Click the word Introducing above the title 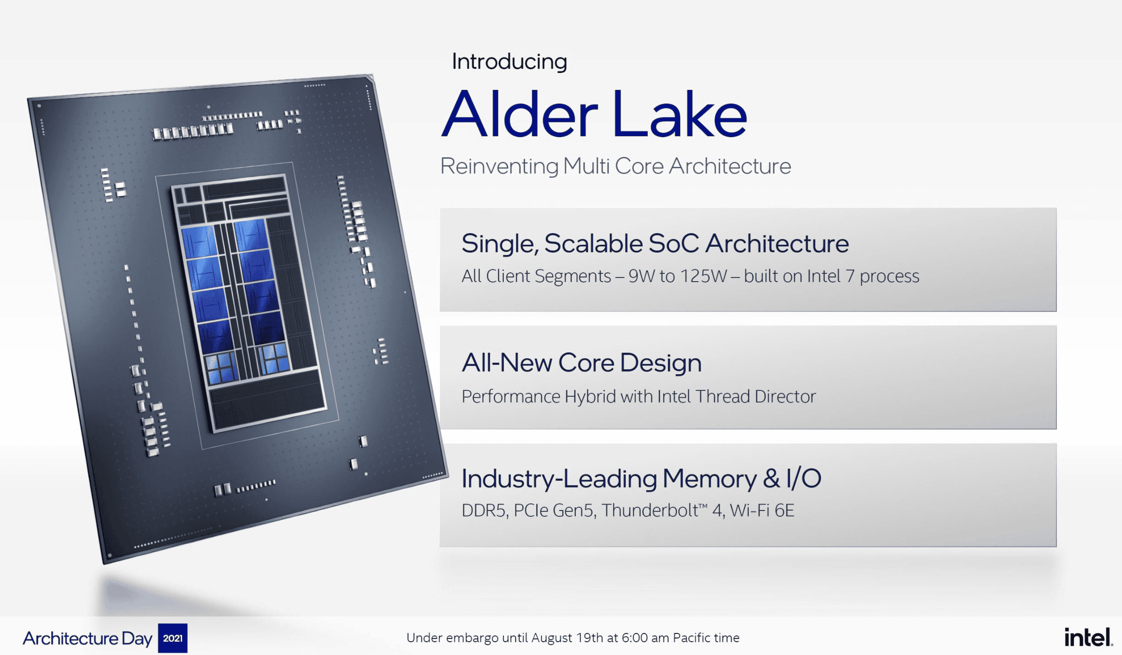[509, 61]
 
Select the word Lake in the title [679, 115]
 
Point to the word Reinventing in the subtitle [499, 166]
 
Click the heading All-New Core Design [581, 363]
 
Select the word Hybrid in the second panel [589, 396]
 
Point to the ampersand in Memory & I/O [771, 478]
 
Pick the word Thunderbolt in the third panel [650, 511]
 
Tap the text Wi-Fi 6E [762, 511]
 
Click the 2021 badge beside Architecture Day [172, 638]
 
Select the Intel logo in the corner [1088, 637]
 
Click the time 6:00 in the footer [635, 638]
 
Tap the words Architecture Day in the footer [87, 638]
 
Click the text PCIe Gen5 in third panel [554, 511]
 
